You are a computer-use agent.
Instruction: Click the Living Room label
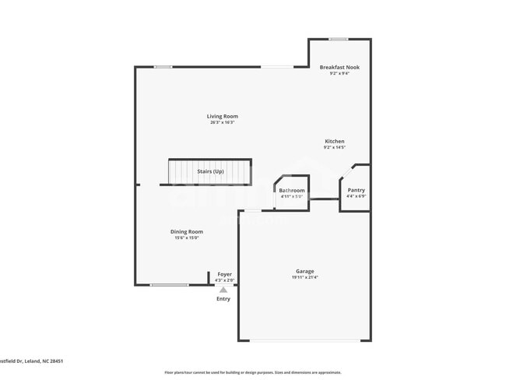pyautogui.click(x=223, y=117)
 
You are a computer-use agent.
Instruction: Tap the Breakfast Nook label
pyautogui.click(x=339, y=67)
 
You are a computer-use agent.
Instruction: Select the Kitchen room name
pyautogui.click(x=335, y=141)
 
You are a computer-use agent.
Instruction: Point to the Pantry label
pyautogui.click(x=356, y=190)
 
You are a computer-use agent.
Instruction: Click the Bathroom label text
pyautogui.click(x=292, y=190)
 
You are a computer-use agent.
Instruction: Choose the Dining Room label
pyautogui.click(x=187, y=231)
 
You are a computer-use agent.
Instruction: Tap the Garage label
pyautogui.click(x=304, y=271)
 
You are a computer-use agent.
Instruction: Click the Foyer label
pyautogui.click(x=224, y=274)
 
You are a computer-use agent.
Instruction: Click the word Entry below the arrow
pyautogui.click(x=223, y=299)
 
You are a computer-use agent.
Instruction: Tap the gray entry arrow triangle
pyautogui.click(x=223, y=290)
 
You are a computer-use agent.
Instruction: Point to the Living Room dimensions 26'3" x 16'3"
pyautogui.click(x=223, y=123)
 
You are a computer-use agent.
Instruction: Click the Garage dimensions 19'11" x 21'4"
pyautogui.click(x=304, y=277)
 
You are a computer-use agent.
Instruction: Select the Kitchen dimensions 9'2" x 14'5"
pyautogui.click(x=335, y=147)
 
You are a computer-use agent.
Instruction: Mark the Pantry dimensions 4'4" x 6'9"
pyautogui.click(x=356, y=196)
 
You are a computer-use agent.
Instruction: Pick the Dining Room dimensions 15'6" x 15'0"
pyautogui.click(x=187, y=237)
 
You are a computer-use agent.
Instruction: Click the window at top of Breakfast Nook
pyautogui.click(x=338, y=39)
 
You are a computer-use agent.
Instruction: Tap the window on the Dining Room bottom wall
pyautogui.click(x=169, y=285)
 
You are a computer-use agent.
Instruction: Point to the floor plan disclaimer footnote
pyautogui.click(x=252, y=372)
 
